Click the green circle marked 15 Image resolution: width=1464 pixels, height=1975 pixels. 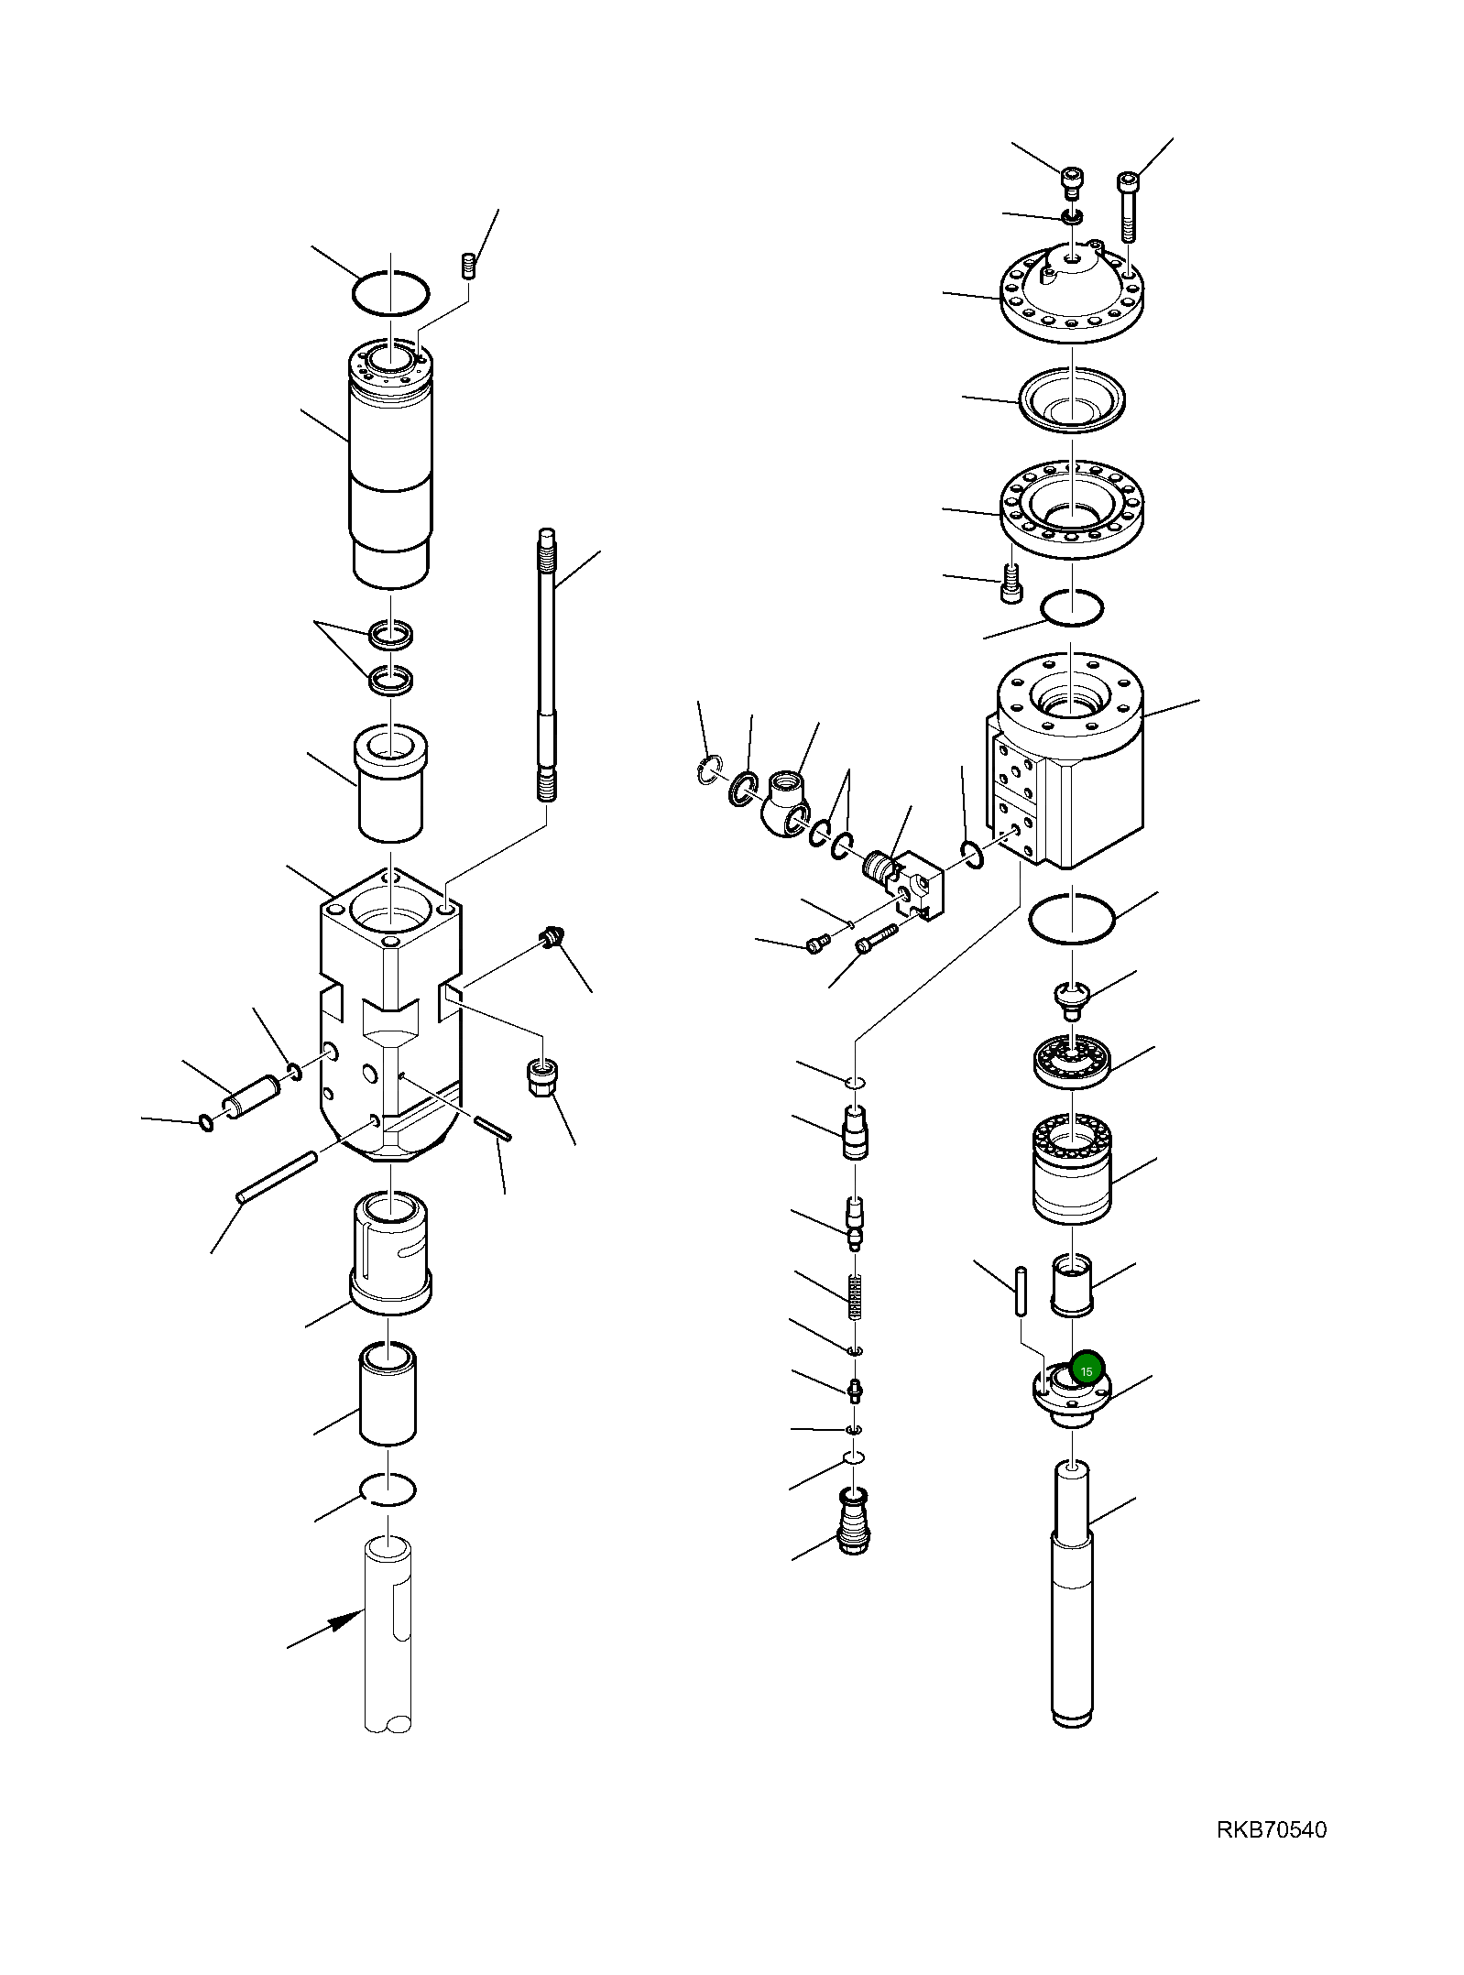pyautogui.click(x=1087, y=1371)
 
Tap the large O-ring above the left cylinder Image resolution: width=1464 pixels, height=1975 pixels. pyautogui.click(x=390, y=294)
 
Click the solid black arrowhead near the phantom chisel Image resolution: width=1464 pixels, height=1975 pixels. pyautogui.click(x=346, y=1620)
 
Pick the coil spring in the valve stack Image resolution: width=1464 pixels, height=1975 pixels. pyautogui.click(x=856, y=1297)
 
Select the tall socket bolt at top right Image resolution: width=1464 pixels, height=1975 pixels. pyautogui.click(x=1128, y=206)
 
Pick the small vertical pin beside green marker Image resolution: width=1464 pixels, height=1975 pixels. pyautogui.click(x=1021, y=1291)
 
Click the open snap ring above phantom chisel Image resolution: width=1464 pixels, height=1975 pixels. pyautogui.click(x=388, y=1489)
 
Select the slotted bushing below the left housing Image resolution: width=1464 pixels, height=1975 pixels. pyautogui.click(x=390, y=1254)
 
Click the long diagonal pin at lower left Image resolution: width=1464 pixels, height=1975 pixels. pyautogui.click(x=277, y=1177)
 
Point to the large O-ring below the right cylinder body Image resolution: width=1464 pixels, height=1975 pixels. pyautogui.click(x=1072, y=917)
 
